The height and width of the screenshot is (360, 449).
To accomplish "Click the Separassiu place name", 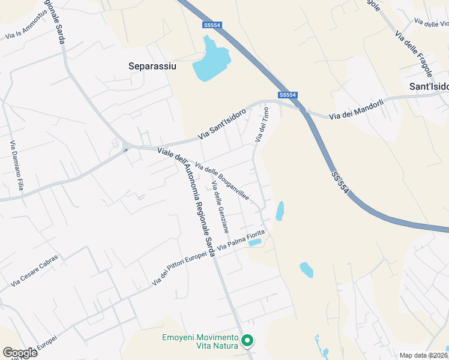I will tap(152, 66).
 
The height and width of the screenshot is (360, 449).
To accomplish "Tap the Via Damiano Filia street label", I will tap(16, 166).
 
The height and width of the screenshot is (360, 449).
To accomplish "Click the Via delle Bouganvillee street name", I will tap(222, 181).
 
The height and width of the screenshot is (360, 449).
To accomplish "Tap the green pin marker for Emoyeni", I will tap(247, 341).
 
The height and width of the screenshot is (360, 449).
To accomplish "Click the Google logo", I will tap(20, 352).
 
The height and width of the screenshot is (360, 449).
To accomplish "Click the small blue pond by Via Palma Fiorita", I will tap(255, 242).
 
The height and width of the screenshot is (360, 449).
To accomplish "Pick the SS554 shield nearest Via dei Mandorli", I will tap(288, 95).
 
